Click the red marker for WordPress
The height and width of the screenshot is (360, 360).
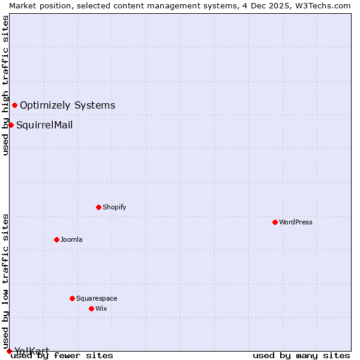coord(275,222)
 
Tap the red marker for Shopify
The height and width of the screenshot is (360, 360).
coord(98,207)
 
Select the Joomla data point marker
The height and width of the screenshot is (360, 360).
coord(56,239)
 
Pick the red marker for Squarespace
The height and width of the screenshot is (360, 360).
coord(72,298)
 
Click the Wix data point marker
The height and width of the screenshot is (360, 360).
coord(91,308)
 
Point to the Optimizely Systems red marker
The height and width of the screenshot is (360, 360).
coord(14,106)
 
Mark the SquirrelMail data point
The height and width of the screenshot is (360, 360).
coord(11,125)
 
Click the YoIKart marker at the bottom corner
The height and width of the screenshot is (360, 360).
coord(9,351)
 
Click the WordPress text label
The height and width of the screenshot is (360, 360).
coord(296,222)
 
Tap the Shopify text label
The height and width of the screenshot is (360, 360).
coord(114,207)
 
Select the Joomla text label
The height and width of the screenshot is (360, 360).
coord(71,239)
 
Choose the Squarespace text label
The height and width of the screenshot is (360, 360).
coord(97,298)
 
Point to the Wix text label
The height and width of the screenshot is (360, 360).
coord(101,308)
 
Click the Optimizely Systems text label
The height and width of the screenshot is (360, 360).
coord(67,106)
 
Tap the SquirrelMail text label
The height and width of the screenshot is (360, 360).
coord(44,125)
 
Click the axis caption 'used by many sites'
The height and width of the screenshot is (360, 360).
coord(301,355)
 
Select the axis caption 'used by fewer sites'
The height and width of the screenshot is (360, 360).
coord(62,355)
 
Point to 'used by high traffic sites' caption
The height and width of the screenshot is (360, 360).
coord(5,85)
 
